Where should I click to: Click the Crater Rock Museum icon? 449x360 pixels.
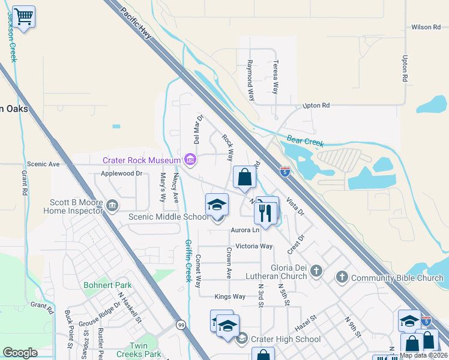[x=190, y=160]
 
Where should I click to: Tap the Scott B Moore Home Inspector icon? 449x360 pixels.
[x=112, y=206]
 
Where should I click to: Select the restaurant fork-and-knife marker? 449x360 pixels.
[x=265, y=212]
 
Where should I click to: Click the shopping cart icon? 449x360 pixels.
[x=23, y=16]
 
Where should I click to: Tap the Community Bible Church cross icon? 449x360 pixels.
[x=342, y=277]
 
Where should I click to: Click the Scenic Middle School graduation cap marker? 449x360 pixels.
[x=217, y=205]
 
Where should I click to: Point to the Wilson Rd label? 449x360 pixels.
[x=426, y=27]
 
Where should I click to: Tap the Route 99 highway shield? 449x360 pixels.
[x=180, y=325]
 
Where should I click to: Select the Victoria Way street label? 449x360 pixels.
[x=254, y=246]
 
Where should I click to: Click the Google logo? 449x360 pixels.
[x=20, y=353]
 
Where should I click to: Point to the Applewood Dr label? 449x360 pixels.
[x=121, y=173]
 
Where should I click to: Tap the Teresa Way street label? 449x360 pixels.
[x=275, y=77]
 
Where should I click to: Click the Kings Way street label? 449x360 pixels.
[x=230, y=296]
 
